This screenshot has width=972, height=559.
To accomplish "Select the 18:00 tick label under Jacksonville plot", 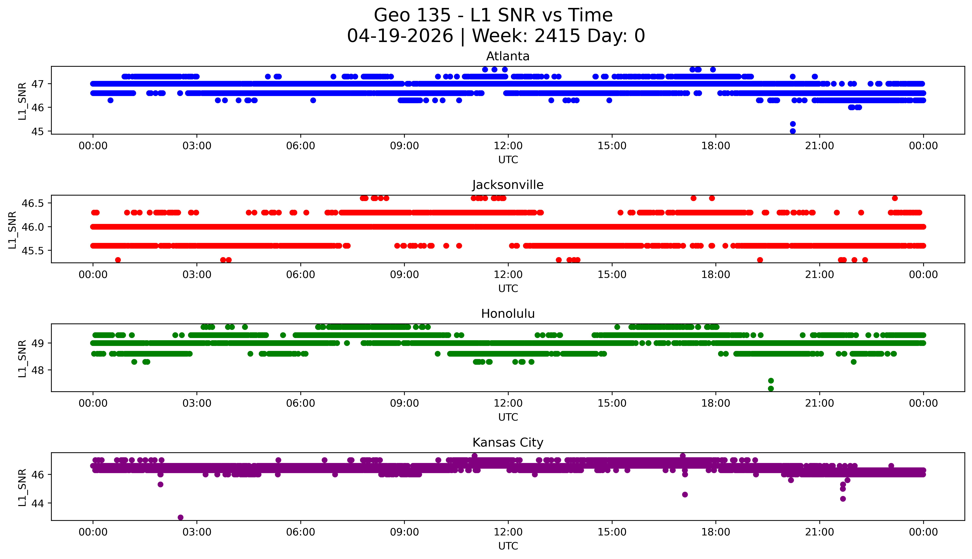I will pos(716,274).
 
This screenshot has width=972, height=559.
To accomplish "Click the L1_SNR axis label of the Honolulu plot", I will pos(22,358).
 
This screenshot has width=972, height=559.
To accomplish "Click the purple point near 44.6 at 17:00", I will pos(685,494).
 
